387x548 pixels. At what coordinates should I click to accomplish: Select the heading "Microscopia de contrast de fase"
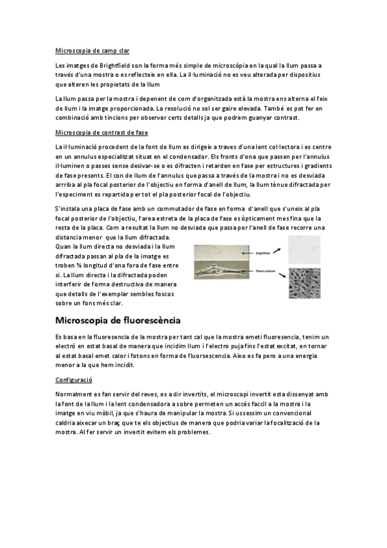102,132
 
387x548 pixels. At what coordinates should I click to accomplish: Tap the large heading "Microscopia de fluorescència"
118,321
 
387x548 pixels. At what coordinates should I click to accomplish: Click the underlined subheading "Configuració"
74,381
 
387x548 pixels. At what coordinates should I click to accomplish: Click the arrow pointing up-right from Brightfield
280,248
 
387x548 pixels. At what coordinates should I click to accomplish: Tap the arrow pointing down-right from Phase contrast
280,277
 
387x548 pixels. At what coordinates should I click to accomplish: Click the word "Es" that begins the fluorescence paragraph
60,337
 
